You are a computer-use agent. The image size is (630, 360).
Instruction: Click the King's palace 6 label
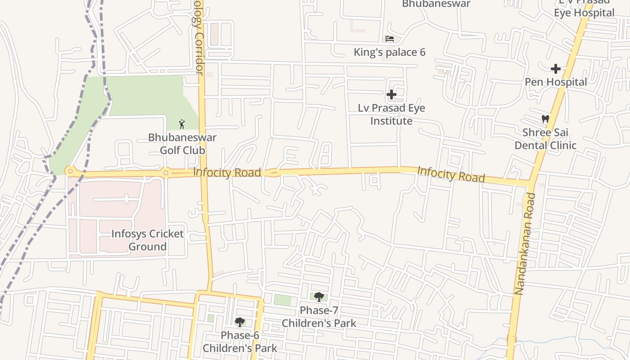click(x=389, y=52)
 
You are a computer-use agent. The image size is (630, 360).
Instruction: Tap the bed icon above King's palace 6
click(x=390, y=39)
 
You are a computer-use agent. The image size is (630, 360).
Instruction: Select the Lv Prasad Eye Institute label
click(x=391, y=114)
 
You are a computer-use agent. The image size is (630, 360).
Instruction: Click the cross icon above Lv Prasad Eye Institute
click(x=391, y=94)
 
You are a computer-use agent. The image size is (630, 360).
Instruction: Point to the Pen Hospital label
click(x=556, y=82)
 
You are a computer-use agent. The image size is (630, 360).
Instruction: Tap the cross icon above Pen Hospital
click(x=556, y=69)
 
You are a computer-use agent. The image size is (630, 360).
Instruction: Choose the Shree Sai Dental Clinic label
click(x=545, y=139)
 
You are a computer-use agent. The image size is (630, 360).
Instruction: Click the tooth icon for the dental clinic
click(x=545, y=119)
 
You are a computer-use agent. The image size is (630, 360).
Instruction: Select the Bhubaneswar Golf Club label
click(x=182, y=144)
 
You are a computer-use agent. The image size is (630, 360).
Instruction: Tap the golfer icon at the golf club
click(x=182, y=124)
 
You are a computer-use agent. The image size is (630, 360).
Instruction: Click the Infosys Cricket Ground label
click(x=148, y=240)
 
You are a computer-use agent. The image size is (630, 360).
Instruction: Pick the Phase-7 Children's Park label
click(x=319, y=317)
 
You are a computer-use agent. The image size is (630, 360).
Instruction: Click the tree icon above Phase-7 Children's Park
click(x=319, y=297)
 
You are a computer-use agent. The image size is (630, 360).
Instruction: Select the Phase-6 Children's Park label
click(x=240, y=342)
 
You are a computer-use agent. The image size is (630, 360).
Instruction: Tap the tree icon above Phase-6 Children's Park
click(x=240, y=322)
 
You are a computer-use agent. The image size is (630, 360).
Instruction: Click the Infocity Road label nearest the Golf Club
click(x=227, y=172)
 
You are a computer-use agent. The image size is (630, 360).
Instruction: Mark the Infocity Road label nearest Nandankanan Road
click(x=451, y=175)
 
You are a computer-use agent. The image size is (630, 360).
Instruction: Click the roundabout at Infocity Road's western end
click(x=70, y=171)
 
